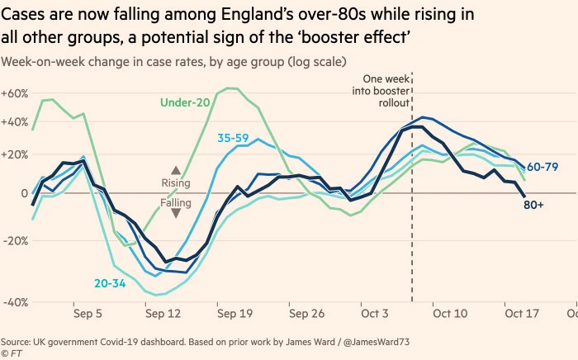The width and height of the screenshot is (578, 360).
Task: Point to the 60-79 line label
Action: tap(542, 167)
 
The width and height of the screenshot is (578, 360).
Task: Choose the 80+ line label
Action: tap(533, 202)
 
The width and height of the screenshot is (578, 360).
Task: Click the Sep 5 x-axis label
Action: tap(88, 315)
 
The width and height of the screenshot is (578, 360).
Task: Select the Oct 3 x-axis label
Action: tap(375, 315)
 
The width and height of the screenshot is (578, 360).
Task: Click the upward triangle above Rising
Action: tap(175, 169)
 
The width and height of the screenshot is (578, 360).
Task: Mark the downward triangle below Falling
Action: tap(175, 213)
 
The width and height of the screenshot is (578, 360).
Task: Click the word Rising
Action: tap(175, 183)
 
